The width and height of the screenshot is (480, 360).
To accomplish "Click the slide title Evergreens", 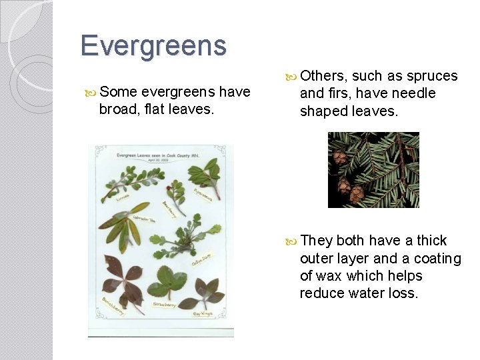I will tap(153, 46).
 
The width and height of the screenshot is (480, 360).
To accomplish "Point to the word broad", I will tap(117, 109).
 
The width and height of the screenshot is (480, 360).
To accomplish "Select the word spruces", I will tap(432, 76).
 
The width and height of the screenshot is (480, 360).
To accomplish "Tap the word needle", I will tap(413, 93).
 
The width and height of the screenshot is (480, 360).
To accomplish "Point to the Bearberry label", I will tap(169, 209).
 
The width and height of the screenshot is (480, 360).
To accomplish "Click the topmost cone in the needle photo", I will tap(340, 157).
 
